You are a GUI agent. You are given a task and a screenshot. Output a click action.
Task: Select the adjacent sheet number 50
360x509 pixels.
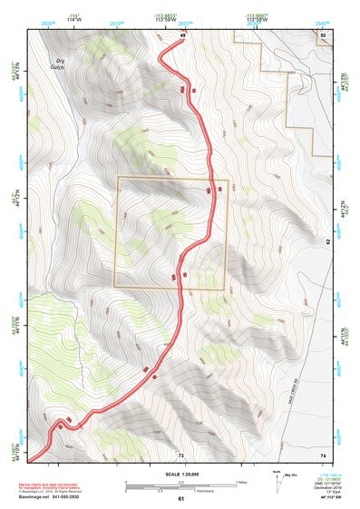324,34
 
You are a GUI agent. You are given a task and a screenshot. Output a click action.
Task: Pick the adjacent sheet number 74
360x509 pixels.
324,454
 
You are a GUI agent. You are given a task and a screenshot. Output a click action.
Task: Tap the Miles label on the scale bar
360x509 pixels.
241,482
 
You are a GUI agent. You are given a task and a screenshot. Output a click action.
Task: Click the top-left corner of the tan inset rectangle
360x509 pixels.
118,177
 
